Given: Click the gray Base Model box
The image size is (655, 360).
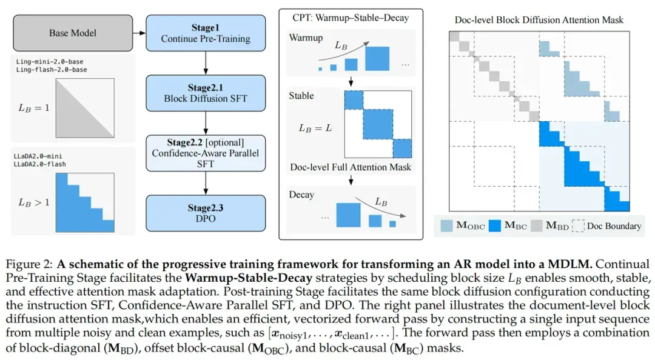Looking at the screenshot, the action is (73, 33).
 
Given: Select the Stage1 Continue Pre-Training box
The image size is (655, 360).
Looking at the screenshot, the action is (206, 33).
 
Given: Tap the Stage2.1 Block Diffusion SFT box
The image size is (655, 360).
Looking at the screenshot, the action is (206, 93).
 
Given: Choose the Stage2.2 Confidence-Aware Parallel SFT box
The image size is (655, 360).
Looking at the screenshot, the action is (206, 153).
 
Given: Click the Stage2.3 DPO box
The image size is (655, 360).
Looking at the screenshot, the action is (206, 213).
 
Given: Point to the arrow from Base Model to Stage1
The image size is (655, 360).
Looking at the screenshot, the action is (139, 33).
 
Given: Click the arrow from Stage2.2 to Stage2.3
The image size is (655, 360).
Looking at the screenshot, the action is (206, 184).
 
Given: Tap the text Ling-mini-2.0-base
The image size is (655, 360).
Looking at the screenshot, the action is (50, 62).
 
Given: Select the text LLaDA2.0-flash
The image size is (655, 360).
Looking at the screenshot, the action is (39, 164).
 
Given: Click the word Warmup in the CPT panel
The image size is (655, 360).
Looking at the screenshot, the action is (306, 38).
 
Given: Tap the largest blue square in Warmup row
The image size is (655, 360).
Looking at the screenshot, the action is (377, 58).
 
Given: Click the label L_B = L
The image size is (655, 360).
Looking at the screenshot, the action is (315, 128).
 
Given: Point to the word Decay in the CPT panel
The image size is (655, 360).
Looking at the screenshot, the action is (301, 195).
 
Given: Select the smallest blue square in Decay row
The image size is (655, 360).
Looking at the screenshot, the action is (392, 224).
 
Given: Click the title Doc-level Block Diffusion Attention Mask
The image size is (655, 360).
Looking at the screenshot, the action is (539, 20).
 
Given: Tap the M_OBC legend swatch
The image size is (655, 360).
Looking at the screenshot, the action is (446, 226).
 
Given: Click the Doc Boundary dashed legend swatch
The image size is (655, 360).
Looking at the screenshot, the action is (578, 226).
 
